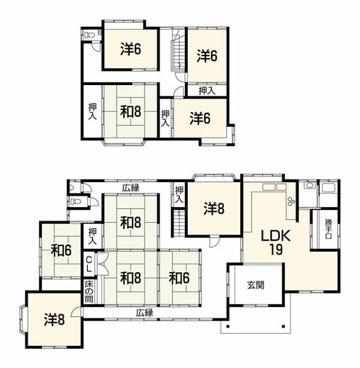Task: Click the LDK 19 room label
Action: (x=276, y=242)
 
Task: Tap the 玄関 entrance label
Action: (x=256, y=285)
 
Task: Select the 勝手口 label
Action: (x=329, y=229)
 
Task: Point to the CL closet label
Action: (x=89, y=264)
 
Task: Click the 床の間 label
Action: (x=89, y=291)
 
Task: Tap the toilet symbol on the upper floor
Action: (x=89, y=35)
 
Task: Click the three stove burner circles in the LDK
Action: (x=291, y=201)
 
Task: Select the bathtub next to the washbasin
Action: (x=329, y=188)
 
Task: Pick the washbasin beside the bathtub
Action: (x=309, y=185)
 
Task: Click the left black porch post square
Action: (x=227, y=327)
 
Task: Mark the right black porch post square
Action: (x=283, y=327)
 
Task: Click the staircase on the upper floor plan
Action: (x=178, y=49)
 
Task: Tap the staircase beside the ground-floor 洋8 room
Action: (x=179, y=223)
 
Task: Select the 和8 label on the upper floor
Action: (x=130, y=112)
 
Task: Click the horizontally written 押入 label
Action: (x=207, y=91)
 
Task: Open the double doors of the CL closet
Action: (x=103, y=264)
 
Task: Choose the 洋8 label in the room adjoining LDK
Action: (x=214, y=208)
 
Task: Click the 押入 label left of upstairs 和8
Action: (x=92, y=111)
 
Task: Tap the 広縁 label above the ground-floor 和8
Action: (x=130, y=188)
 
